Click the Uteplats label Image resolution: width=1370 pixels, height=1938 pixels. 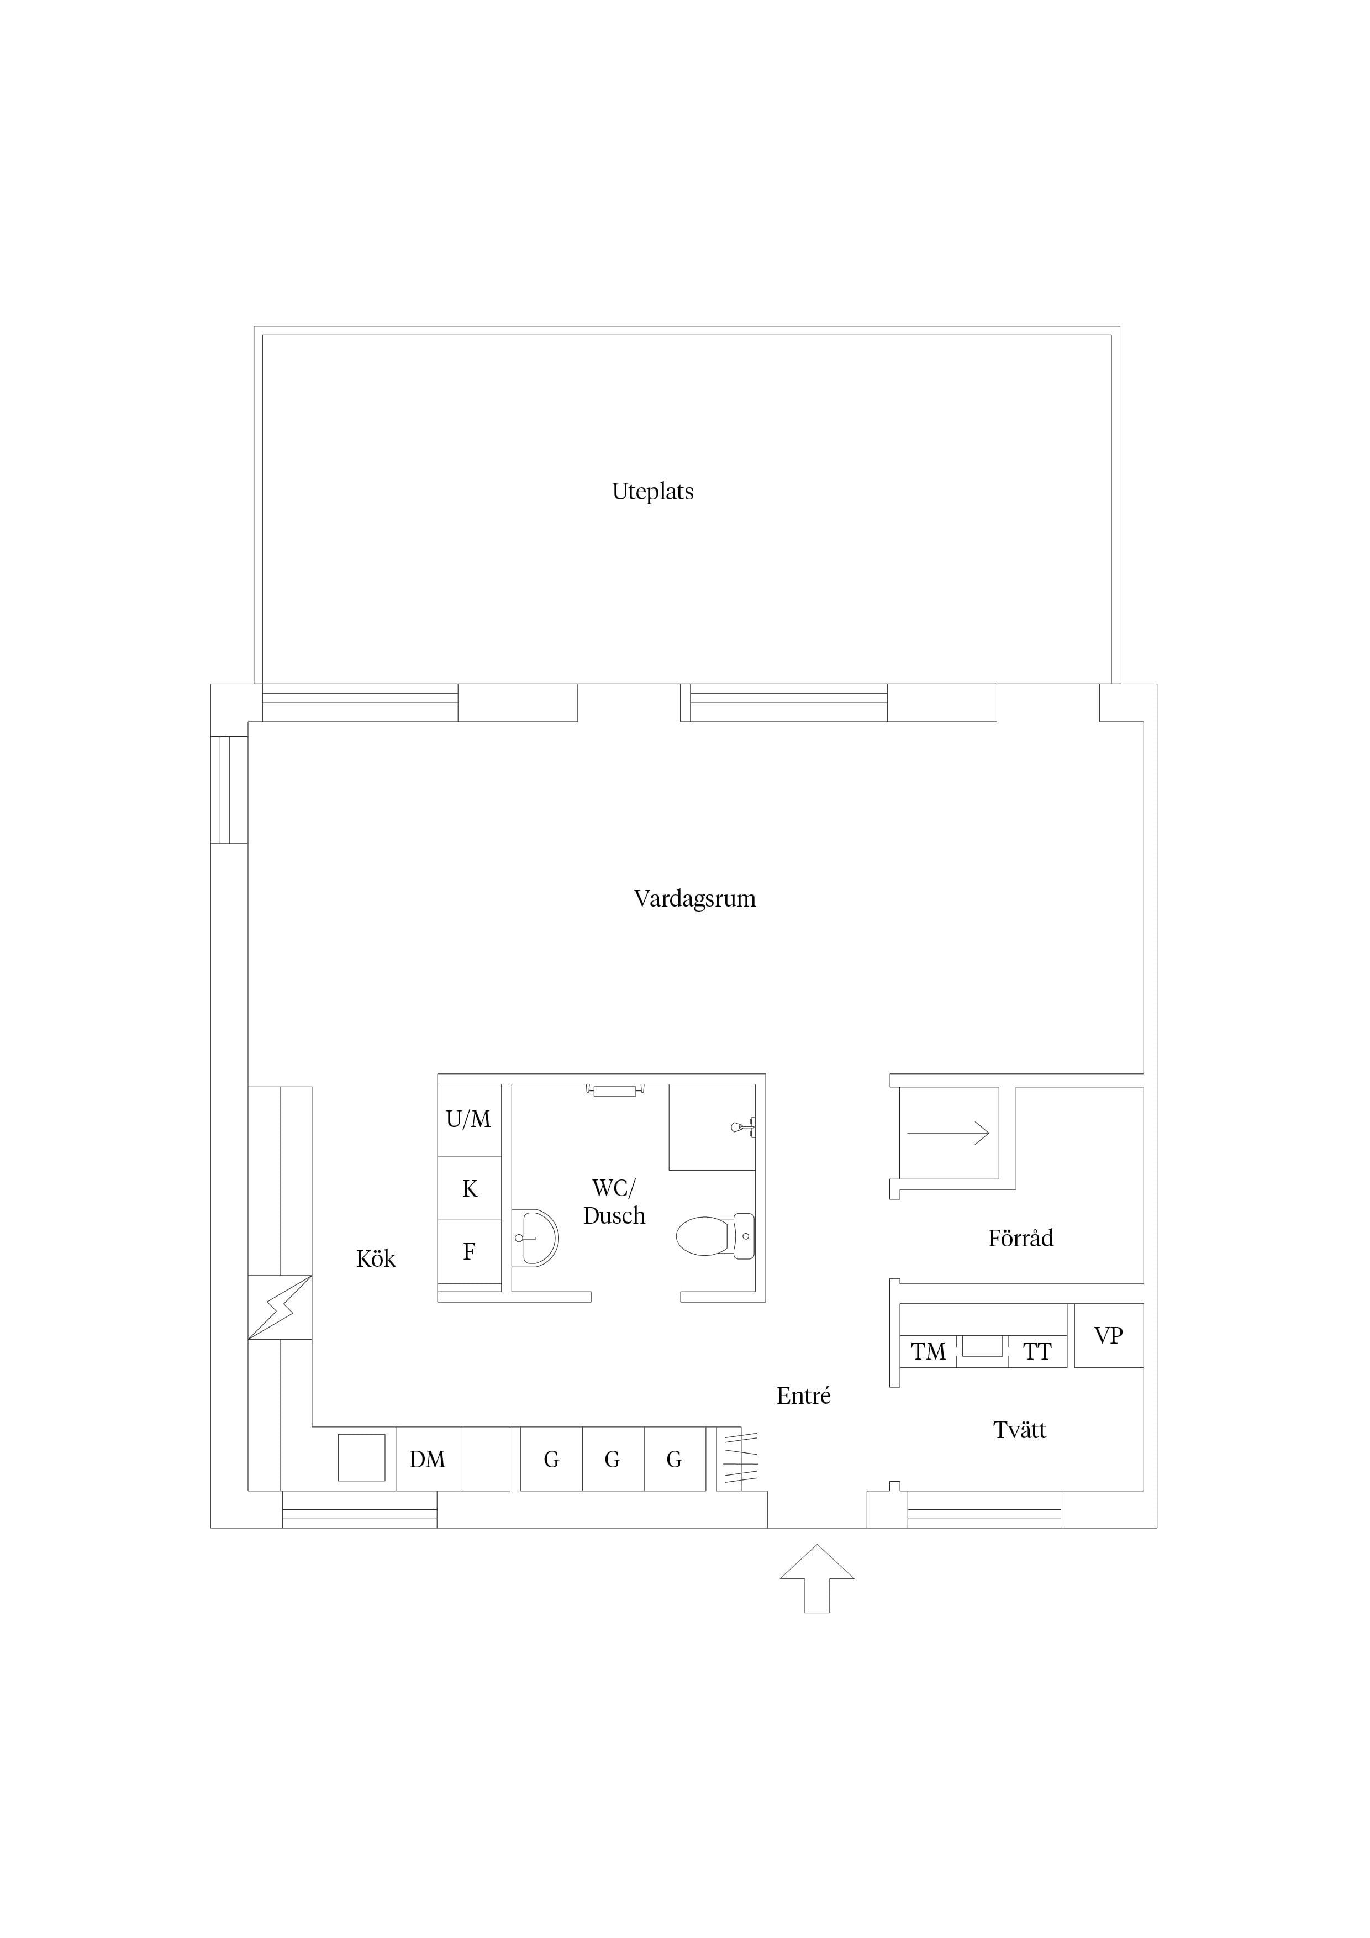coord(652,491)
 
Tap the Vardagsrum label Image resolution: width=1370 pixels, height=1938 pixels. coord(695,898)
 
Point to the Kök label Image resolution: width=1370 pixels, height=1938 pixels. coord(376,1258)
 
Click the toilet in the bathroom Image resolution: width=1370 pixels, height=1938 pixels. coord(715,1236)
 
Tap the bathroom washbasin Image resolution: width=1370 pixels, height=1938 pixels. coord(534,1238)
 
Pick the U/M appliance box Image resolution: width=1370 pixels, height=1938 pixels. coord(470,1120)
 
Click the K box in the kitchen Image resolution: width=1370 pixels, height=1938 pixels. coord(470,1188)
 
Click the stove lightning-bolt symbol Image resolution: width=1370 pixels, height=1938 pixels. coord(280,1307)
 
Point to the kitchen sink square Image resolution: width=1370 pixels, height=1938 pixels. coord(361,1458)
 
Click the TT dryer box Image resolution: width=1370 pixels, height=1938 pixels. coord(1037,1351)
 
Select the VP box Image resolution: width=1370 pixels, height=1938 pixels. coord(1108,1335)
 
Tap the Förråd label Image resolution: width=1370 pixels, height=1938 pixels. coord(1020,1237)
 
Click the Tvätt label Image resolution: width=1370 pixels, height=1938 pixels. coord(1020,1430)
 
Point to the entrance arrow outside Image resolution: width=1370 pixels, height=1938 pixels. coord(816,1578)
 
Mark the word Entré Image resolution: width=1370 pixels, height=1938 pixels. coord(804,1395)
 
